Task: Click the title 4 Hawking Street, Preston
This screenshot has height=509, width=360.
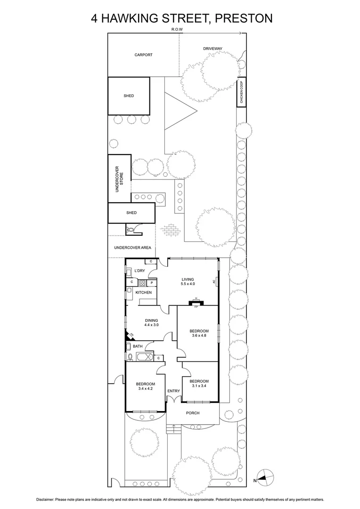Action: (x=181, y=18)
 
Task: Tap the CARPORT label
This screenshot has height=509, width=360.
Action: (x=143, y=55)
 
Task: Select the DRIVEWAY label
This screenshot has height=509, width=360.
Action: (x=213, y=49)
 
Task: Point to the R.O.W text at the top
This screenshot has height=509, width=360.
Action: (x=177, y=30)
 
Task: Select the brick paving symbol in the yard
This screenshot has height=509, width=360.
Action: (x=170, y=231)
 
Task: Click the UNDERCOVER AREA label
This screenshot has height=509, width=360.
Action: (x=132, y=247)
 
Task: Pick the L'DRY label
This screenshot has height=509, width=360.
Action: (x=139, y=271)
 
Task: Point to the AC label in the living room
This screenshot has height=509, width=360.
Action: (x=214, y=282)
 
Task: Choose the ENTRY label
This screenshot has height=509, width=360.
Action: (x=173, y=391)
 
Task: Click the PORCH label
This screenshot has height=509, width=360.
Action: (x=192, y=413)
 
